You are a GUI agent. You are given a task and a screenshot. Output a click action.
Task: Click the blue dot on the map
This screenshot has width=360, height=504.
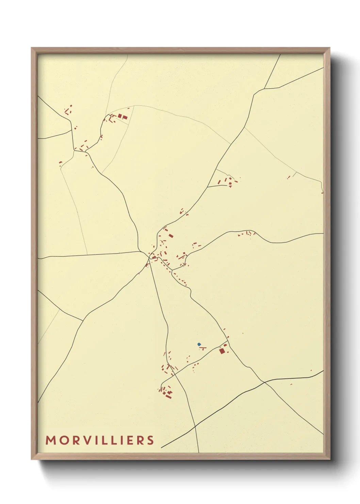pos(199,344)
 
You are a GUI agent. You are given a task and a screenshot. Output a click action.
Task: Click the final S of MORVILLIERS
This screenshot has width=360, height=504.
pos(151,440)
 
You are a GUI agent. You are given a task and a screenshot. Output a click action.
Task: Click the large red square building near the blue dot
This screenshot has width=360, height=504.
pos(222,351)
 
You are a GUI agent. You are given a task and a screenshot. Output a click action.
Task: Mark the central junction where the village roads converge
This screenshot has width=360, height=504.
pos(149,254)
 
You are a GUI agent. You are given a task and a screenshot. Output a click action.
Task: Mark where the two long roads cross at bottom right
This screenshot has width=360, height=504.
pos(264,382)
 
